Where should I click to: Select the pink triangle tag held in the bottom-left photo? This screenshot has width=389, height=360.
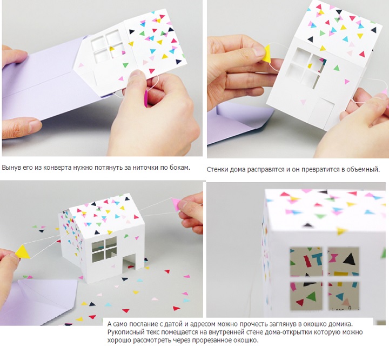pyautogui.click(x=176, y=204)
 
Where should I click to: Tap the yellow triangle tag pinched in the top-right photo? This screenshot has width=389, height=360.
pyautogui.click(x=267, y=54)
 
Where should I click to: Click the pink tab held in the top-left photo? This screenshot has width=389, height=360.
pyautogui.click(x=146, y=98)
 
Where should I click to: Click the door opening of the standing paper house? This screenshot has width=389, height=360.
pyautogui.click(x=129, y=263)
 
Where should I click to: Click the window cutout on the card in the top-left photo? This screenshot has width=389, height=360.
pyautogui.click(x=108, y=46)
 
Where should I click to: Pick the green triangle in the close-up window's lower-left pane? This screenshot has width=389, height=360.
pyautogui.click(x=311, y=296)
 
